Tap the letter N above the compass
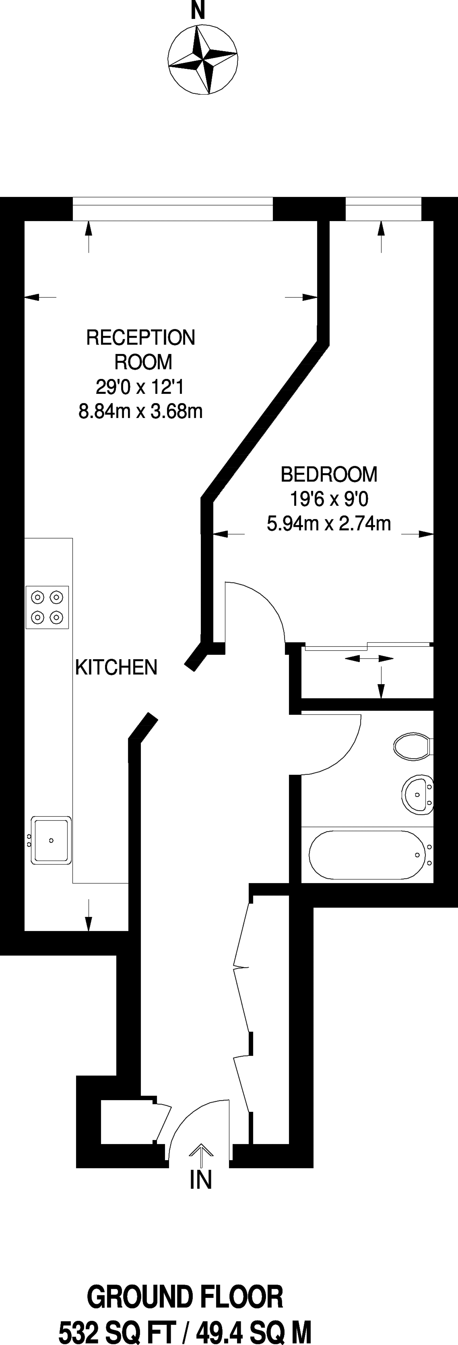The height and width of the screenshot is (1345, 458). pos(198,10)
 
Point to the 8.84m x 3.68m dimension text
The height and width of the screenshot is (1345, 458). pos(140,412)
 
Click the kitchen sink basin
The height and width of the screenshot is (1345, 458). pos(51,840)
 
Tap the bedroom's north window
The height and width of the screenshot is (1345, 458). pos(383,209)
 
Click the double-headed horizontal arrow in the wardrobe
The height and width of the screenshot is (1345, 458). pos(369,659)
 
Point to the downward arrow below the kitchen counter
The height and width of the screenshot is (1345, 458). pos(89,915)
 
